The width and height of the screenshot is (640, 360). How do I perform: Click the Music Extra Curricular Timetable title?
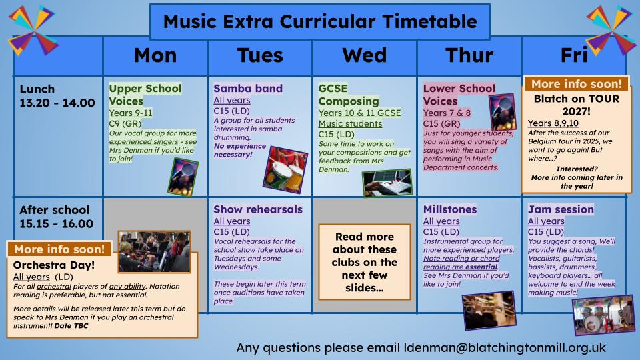[x=320, y=21]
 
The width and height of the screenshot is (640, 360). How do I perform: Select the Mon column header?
[x=155, y=55]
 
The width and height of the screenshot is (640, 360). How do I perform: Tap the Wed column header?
[x=365, y=55]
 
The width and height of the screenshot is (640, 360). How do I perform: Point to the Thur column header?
[x=469, y=55]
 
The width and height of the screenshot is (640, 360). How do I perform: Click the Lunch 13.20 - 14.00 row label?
[x=57, y=95]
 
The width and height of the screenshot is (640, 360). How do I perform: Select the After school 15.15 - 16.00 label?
[x=56, y=217]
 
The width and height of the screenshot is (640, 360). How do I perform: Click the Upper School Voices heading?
[x=145, y=95]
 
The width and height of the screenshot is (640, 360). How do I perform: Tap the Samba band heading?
[x=248, y=88]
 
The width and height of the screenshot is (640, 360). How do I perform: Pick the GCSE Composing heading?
[x=349, y=95]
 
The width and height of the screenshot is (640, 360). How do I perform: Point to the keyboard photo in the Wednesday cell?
[x=387, y=183]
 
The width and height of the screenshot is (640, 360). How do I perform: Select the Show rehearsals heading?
[x=258, y=209]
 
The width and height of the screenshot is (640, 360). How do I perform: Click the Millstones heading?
[x=450, y=209]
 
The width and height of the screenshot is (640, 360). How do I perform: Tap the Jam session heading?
[x=561, y=209]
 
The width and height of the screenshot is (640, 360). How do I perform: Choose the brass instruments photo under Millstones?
[x=489, y=310]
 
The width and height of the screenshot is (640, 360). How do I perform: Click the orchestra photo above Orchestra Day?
[x=154, y=251]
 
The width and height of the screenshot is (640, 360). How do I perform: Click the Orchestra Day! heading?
[x=54, y=265]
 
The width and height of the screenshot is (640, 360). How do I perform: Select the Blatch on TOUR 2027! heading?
[x=576, y=105]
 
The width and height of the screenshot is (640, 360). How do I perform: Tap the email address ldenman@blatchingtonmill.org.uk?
[x=505, y=348]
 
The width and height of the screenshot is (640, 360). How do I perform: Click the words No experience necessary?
[x=239, y=150]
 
